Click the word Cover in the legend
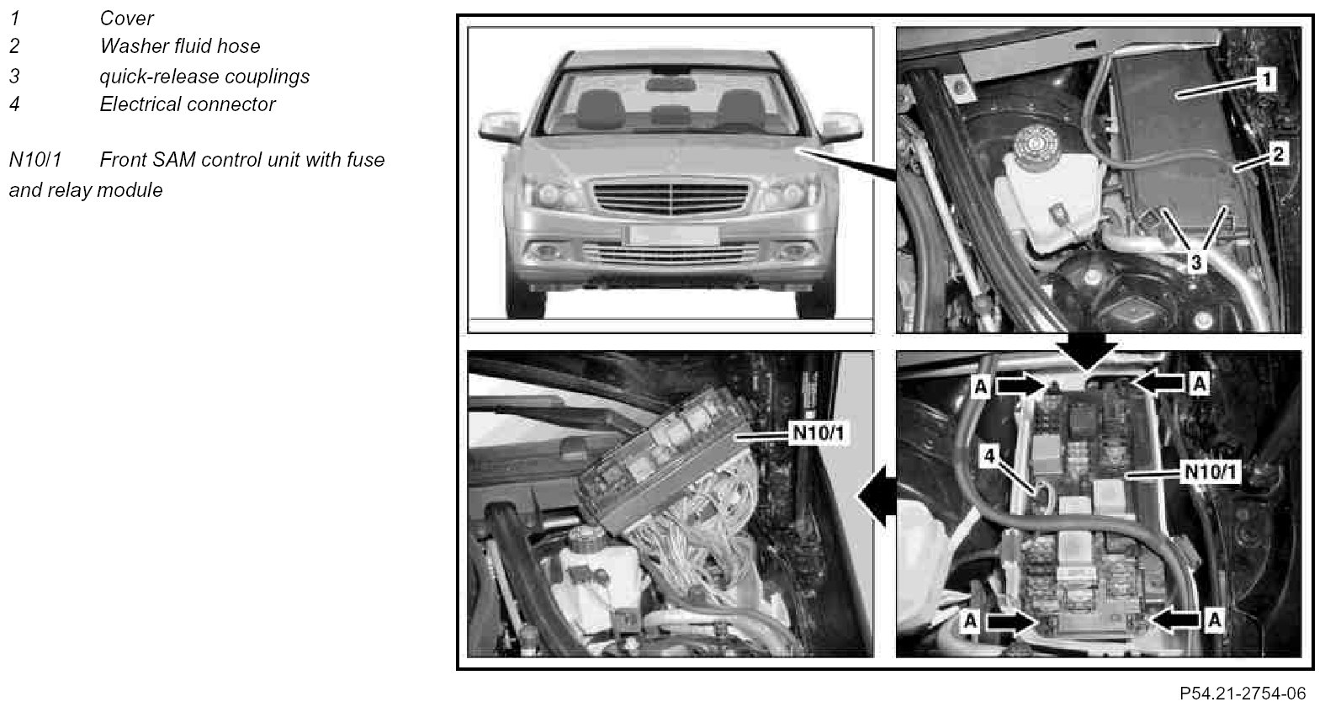pyautogui.click(x=126, y=19)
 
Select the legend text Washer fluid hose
pyautogui.click(x=180, y=46)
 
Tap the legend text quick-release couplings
pyautogui.click(x=204, y=77)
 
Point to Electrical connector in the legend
pyautogui.click(x=187, y=104)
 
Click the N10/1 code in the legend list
pyautogui.click(x=34, y=160)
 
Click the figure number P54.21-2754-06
pyautogui.click(x=1243, y=694)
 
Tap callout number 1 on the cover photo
pyautogui.click(x=1265, y=79)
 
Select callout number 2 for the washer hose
pyautogui.click(x=1278, y=154)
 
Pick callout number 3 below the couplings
pyautogui.click(x=1196, y=262)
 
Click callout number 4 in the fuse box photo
pyautogui.click(x=989, y=455)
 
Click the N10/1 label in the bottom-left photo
pyautogui.click(x=818, y=433)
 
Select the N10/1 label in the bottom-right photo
pyautogui.click(x=1211, y=471)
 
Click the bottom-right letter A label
pyautogui.click(x=1215, y=620)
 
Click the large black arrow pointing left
pyautogui.click(x=877, y=496)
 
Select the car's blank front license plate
pyautogui.click(x=672, y=235)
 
